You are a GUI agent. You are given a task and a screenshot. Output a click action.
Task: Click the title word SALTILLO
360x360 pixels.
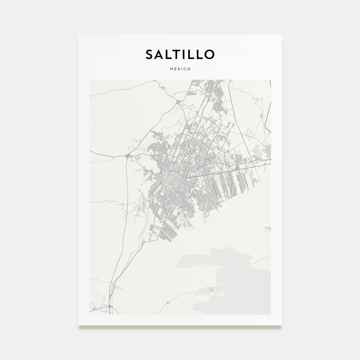[x=180, y=54]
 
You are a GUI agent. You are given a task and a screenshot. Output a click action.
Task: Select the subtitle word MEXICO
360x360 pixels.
[x=180, y=69]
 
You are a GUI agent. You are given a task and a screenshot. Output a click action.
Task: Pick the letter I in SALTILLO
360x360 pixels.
[x=188, y=54]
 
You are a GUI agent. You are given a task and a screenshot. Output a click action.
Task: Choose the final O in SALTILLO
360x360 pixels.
[x=209, y=54]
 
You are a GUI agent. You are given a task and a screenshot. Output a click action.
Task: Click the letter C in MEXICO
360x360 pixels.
[x=185, y=69]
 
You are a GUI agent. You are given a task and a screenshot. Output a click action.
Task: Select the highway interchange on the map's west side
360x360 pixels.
[x=128, y=156]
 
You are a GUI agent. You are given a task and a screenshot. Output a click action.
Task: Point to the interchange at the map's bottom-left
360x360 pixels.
[x=110, y=306]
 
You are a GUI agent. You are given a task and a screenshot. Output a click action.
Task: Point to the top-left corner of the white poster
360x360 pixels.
[x=78, y=35]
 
